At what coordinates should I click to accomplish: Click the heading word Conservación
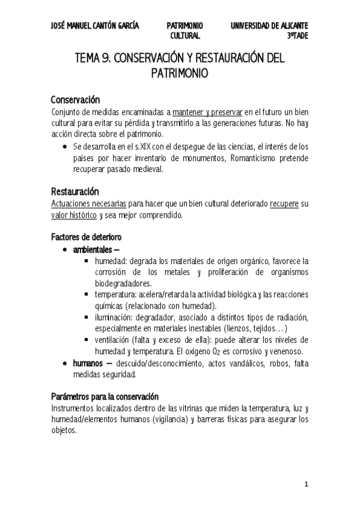click(x=75, y=99)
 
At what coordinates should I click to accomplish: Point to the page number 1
click(x=306, y=484)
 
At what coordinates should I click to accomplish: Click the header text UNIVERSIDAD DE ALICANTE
click(x=269, y=26)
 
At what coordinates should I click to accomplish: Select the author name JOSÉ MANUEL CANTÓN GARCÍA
click(x=95, y=26)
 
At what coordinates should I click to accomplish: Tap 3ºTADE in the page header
click(x=297, y=36)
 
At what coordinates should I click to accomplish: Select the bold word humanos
click(x=88, y=363)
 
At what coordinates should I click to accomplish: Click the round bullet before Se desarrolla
click(x=65, y=146)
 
